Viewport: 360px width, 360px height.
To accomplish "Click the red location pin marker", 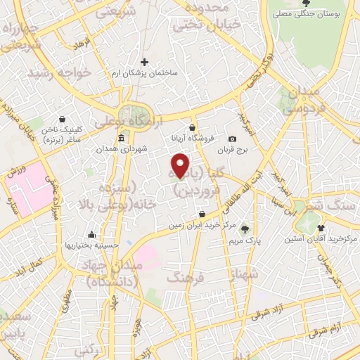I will (x=181, y=166).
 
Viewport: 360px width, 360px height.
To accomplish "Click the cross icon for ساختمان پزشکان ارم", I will (x=145, y=63).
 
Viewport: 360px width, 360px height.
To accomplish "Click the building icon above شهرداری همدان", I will (x=122, y=137).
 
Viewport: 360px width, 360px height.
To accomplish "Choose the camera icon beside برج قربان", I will (x=233, y=139).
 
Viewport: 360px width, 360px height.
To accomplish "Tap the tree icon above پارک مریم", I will (x=245, y=229).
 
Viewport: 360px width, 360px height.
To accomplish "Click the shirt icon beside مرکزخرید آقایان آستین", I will (x=321, y=228).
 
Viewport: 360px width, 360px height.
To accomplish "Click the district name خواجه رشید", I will (x=59, y=72).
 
